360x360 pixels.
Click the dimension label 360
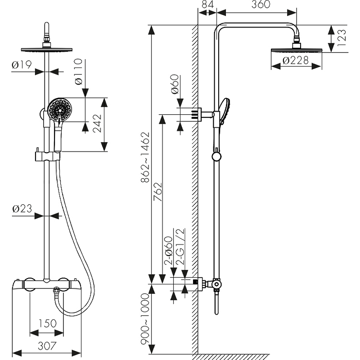tap(261, 5)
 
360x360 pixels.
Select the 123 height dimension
tap(342, 39)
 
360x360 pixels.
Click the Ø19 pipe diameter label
tap(21, 65)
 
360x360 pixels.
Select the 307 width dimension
tap(47, 346)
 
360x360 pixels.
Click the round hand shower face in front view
tap(60, 110)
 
